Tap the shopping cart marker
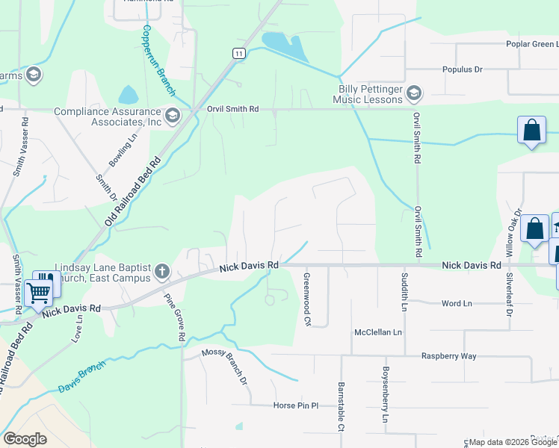pyautogui.click(x=38, y=291)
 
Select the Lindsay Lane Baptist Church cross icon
pyautogui.click(x=161, y=271)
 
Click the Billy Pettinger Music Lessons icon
pyautogui.click(x=415, y=93)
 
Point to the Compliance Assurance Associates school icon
pyautogui.click(x=173, y=114)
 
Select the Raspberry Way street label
pyautogui.click(x=448, y=356)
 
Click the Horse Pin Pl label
pyautogui.click(x=295, y=405)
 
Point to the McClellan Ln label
pyautogui.click(x=378, y=332)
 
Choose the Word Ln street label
pyautogui.click(x=457, y=303)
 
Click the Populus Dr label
pyautogui.click(x=461, y=69)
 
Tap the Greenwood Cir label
pyautogui.click(x=307, y=298)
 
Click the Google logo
pyautogui.click(x=25, y=439)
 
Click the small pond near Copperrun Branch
pyautogui.click(x=129, y=95)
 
